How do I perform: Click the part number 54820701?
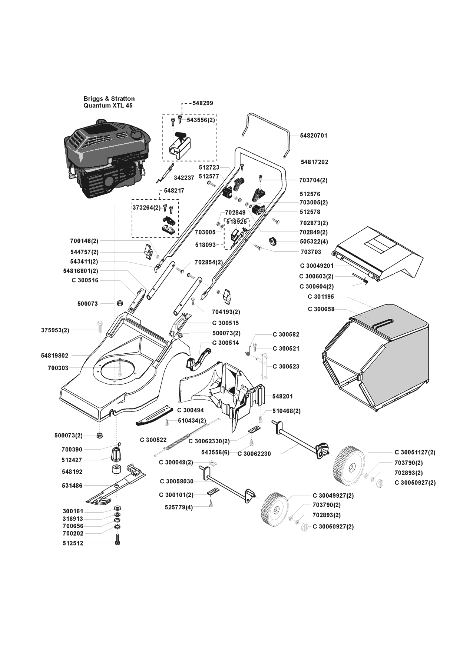coord(314,136)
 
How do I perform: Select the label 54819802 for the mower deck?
coord(55,356)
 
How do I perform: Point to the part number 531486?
coord(72,486)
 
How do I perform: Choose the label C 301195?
coord(321,297)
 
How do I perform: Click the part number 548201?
coord(282,396)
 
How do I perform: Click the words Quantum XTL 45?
coord(108,106)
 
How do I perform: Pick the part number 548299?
coord(203,103)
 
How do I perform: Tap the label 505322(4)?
coord(313,241)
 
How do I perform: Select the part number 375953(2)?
coord(55,330)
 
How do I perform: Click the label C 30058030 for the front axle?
coord(177,481)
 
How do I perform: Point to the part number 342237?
coord(184,178)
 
